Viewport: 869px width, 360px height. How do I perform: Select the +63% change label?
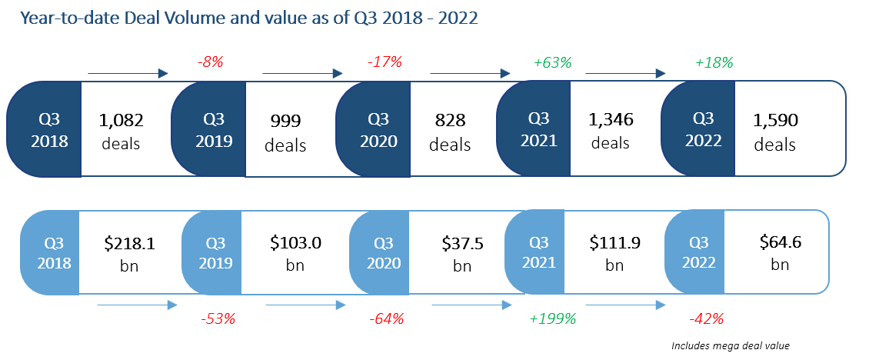(552, 62)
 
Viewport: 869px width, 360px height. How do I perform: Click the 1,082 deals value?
(122, 132)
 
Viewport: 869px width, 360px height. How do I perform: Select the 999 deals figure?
(285, 132)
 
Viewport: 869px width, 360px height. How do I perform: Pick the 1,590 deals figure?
(775, 132)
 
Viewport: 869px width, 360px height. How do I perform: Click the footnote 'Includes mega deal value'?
(730, 346)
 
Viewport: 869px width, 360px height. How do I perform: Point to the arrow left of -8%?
(128, 73)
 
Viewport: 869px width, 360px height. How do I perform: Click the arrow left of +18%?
(625, 73)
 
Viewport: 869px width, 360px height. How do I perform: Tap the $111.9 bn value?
(614, 253)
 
